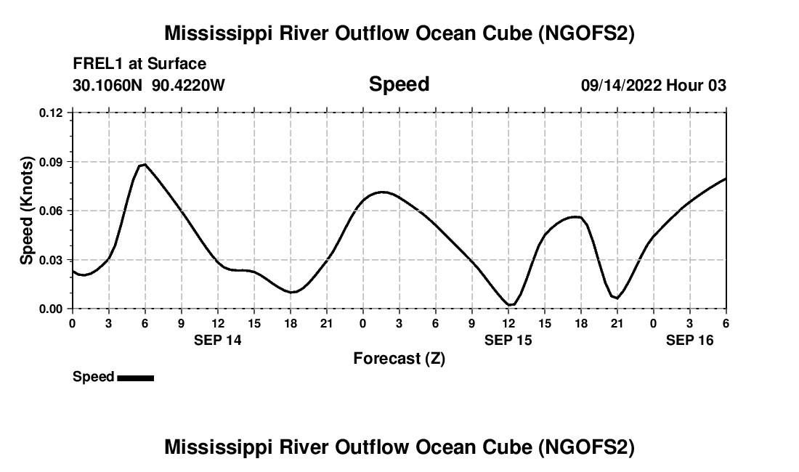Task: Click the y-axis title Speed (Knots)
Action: [27, 211]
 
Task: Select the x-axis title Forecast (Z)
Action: [399, 358]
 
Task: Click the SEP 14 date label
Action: [218, 340]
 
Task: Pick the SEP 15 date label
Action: [508, 340]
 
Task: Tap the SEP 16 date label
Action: [690, 340]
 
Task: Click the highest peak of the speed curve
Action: [145, 164]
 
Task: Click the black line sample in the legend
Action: [135, 378]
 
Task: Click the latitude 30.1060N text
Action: [109, 85]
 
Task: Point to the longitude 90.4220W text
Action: [189, 85]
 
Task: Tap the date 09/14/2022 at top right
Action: [620, 85]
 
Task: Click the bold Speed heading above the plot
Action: [399, 84]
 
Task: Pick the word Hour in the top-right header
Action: [684, 85]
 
